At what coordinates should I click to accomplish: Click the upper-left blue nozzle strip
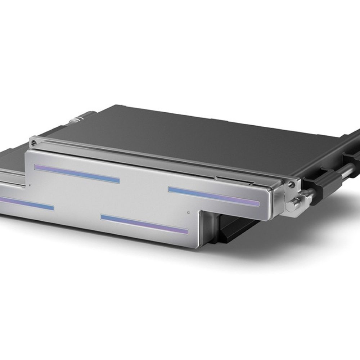coord(77,174)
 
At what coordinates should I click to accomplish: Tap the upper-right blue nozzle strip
coord(213,197)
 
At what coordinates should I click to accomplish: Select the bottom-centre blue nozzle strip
coord(144,224)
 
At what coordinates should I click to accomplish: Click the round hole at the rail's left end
coord(33,143)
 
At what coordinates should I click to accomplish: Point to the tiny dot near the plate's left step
coord(30,186)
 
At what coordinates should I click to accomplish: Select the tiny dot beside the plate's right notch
coord(189,212)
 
